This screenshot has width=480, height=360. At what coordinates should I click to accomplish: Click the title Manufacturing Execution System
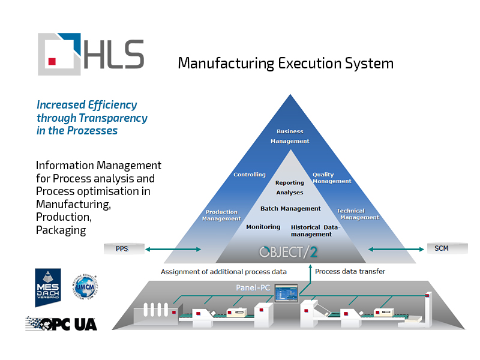tap(286, 63)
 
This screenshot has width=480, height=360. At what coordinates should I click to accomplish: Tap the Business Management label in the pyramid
tap(290, 136)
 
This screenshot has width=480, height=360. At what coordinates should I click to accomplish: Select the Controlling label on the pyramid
tap(250, 175)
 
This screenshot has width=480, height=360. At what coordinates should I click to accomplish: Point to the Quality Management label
tap(332, 178)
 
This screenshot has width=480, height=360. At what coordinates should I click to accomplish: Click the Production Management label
tap(221, 215)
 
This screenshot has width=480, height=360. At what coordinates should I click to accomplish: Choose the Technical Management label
tap(358, 214)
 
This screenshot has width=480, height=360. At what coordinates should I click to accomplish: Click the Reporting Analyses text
tap(290, 188)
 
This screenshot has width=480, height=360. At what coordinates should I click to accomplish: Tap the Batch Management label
tap(290, 209)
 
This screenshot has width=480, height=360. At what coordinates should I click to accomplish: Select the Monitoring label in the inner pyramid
tap(263, 227)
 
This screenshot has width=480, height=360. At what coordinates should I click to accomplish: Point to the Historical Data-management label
tap(316, 231)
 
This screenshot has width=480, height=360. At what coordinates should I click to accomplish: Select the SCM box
tap(442, 248)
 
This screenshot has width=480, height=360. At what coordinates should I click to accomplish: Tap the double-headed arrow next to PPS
tap(173, 248)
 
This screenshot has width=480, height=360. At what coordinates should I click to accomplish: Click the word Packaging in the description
tap(61, 230)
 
